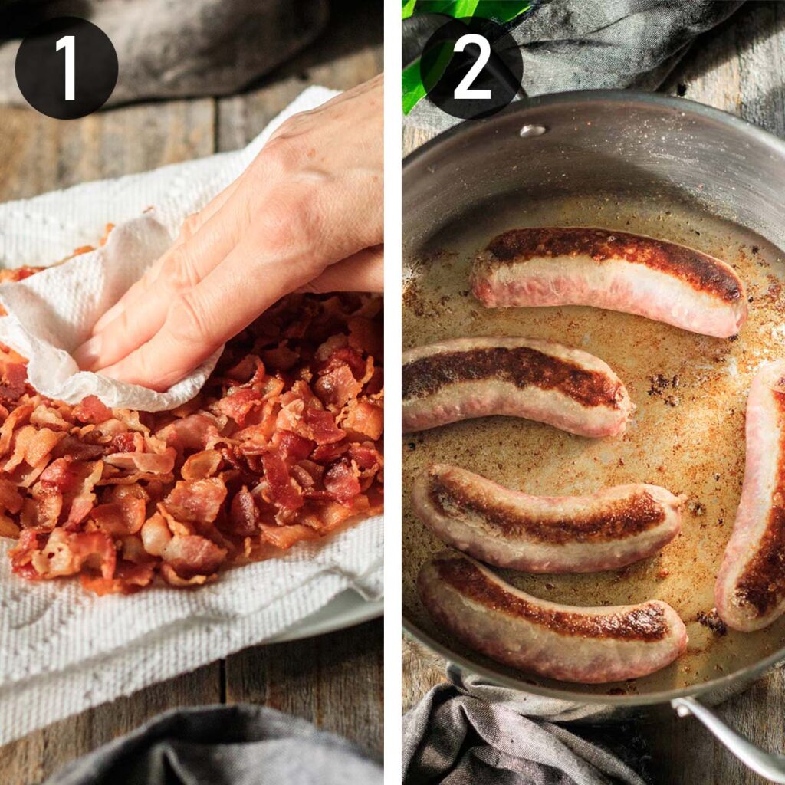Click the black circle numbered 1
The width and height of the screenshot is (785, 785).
[67, 67]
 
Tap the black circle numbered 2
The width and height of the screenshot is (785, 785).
[471, 67]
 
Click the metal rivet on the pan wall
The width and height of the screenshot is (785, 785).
[533, 130]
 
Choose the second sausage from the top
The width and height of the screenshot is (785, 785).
[516, 385]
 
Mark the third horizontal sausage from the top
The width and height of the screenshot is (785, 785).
[546, 518]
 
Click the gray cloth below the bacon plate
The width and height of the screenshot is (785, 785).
[215, 751]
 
